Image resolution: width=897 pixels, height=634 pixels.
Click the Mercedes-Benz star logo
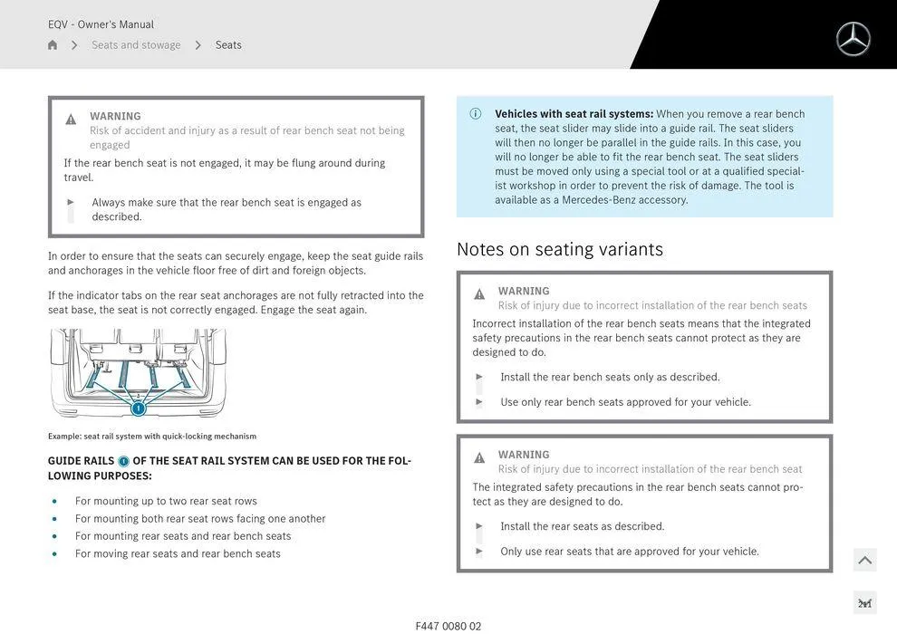click(853, 39)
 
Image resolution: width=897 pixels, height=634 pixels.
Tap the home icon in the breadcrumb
click(53, 45)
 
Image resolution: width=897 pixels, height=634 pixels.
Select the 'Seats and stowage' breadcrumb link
click(136, 45)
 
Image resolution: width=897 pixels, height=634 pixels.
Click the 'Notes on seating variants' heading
click(559, 249)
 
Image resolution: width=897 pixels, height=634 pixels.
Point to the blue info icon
click(476, 114)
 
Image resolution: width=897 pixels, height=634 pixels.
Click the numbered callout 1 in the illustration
click(139, 408)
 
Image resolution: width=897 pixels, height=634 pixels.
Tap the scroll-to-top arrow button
click(864, 561)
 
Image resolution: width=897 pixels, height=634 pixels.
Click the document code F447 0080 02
click(448, 626)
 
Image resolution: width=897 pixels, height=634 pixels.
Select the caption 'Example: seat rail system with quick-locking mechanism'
click(152, 437)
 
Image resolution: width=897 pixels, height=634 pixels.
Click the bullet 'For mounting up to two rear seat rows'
click(166, 501)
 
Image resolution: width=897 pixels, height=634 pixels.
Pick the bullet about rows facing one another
click(200, 519)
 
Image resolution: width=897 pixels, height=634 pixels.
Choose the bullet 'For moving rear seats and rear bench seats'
click(178, 553)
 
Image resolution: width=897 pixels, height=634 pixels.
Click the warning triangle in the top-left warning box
click(71, 120)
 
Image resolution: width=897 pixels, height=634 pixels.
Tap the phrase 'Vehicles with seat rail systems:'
click(574, 114)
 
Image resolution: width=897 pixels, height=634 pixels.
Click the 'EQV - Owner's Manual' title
click(101, 24)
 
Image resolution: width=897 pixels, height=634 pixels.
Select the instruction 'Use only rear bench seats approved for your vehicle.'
click(625, 402)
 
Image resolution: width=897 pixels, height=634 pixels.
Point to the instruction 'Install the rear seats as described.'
click(582, 526)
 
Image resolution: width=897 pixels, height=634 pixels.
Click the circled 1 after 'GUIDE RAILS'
click(124, 461)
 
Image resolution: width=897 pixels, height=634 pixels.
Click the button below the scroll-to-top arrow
click(864, 603)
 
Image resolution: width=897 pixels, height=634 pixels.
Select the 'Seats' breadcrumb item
click(228, 45)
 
